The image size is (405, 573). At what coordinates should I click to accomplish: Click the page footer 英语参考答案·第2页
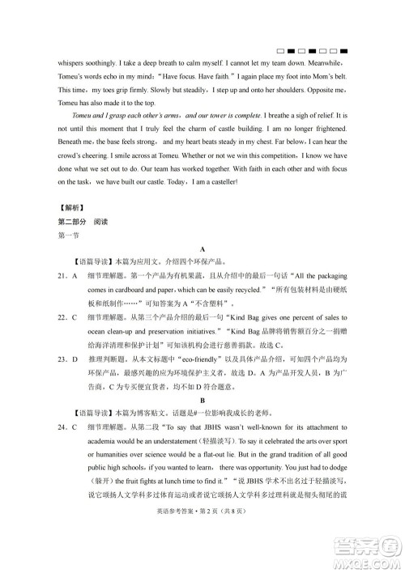pyautogui.click(x=186, y=550)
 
